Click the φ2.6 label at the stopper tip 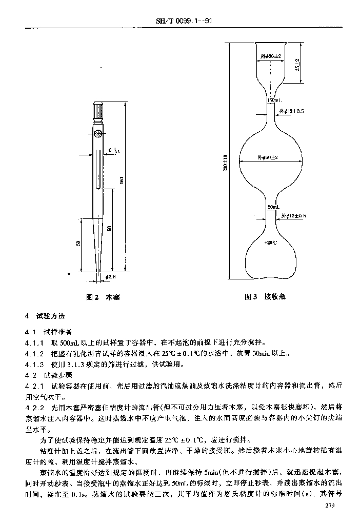111,277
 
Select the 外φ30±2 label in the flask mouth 270,55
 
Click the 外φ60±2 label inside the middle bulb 269,157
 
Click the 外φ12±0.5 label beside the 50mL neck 292,216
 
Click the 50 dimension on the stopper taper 78,243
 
